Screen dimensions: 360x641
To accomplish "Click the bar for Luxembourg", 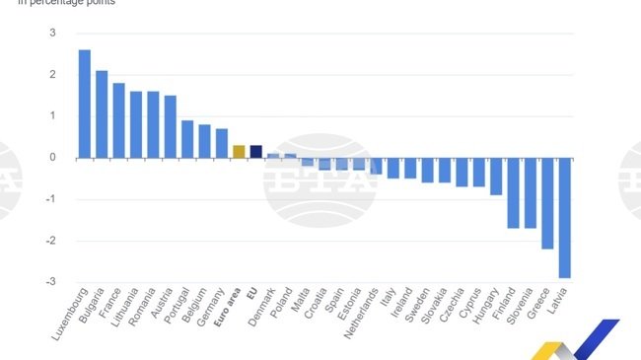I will [85, 104].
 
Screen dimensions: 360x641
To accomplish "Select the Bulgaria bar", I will [102, 113].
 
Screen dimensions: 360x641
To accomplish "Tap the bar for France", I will [118, 120].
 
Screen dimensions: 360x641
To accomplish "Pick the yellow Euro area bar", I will [239, 151].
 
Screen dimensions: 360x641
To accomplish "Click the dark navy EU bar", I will [255, 151].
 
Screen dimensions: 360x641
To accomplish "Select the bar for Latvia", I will [564, 217].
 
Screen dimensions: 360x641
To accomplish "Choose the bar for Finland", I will [513, 192].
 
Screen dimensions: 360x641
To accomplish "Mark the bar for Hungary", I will [496, 176].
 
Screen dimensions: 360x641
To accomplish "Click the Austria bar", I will [171, 126].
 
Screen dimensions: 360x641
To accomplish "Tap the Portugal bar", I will [187, 139].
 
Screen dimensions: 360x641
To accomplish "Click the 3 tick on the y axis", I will [52, 34].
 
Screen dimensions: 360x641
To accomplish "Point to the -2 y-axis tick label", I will [50, 241].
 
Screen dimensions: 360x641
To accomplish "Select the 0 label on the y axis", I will [52, 158].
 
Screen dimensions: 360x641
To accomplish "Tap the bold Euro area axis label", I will [229, 305].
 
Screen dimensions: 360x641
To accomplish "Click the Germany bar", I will [222, 143].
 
